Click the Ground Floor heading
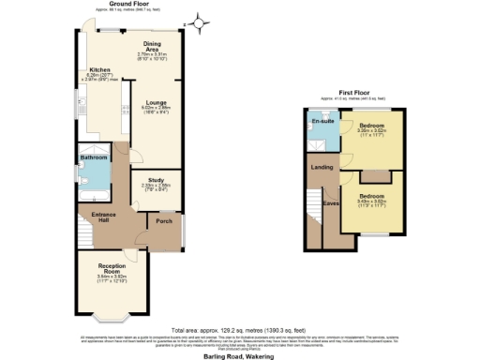coord(137,4)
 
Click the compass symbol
coord(198,20)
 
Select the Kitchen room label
coord(100,70)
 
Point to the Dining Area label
coord(152,44)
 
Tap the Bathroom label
coord(94,157)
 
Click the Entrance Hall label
coord(104,217)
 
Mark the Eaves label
coord(330,201)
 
